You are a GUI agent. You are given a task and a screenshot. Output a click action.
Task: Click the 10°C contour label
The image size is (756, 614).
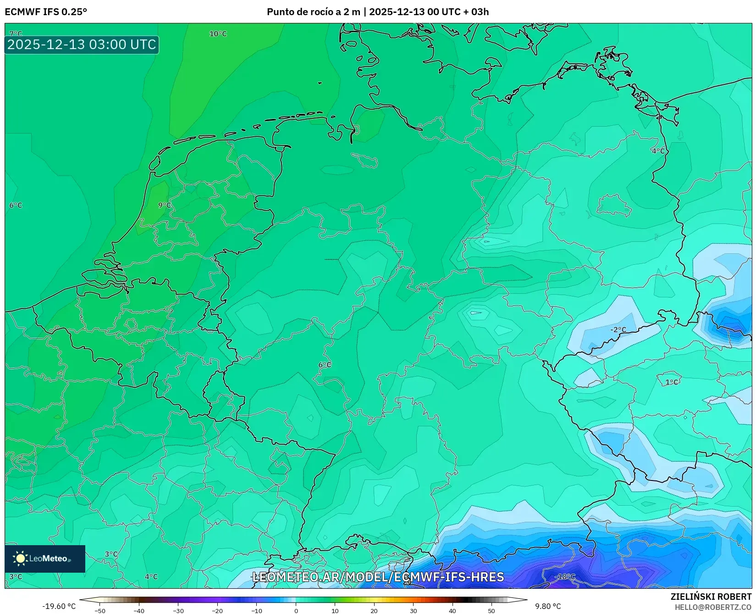[x=218, y=34]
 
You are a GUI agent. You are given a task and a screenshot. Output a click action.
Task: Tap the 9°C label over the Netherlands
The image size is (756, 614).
[x=164, y=205]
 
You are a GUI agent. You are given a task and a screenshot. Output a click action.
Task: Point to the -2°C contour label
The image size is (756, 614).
[x=618, y=329]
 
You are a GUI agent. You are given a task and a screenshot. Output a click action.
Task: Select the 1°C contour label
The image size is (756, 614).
[x=672, y=382]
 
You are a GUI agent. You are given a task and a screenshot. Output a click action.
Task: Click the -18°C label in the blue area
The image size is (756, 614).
[x=565, y=577]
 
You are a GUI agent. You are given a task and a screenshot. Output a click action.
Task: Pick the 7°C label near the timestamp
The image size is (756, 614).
[x=16, y=33]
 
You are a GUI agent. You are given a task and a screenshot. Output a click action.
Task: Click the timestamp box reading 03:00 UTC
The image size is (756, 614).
[x=82, y=45]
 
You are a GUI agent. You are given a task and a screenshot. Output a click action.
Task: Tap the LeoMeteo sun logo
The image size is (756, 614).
[x=20, y=558]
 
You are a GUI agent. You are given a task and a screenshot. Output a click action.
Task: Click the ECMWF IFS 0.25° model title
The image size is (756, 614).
[x=46, y=12]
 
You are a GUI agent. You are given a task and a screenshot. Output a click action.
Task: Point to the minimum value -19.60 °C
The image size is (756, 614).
[x=59, y=606]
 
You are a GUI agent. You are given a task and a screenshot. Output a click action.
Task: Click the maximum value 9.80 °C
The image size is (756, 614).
[x=548, y=606]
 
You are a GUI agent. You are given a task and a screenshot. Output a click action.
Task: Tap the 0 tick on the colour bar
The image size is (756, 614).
[x=296, y=611]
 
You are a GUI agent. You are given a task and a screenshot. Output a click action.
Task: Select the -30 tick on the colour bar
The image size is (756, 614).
[x=178, y=611]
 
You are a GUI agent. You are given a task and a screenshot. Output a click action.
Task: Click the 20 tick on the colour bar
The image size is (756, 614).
[x=374, y=611]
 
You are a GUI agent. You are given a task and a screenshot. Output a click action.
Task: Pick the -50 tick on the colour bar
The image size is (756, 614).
[x=100, y=611]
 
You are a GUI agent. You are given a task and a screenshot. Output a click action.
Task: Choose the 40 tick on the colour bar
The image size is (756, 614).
[x=452, y=611]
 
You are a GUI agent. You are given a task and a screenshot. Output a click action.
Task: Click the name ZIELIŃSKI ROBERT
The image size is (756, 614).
[x=711, y=597]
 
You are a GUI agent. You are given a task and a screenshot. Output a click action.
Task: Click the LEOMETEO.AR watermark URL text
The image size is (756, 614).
[x=378, y=577]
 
